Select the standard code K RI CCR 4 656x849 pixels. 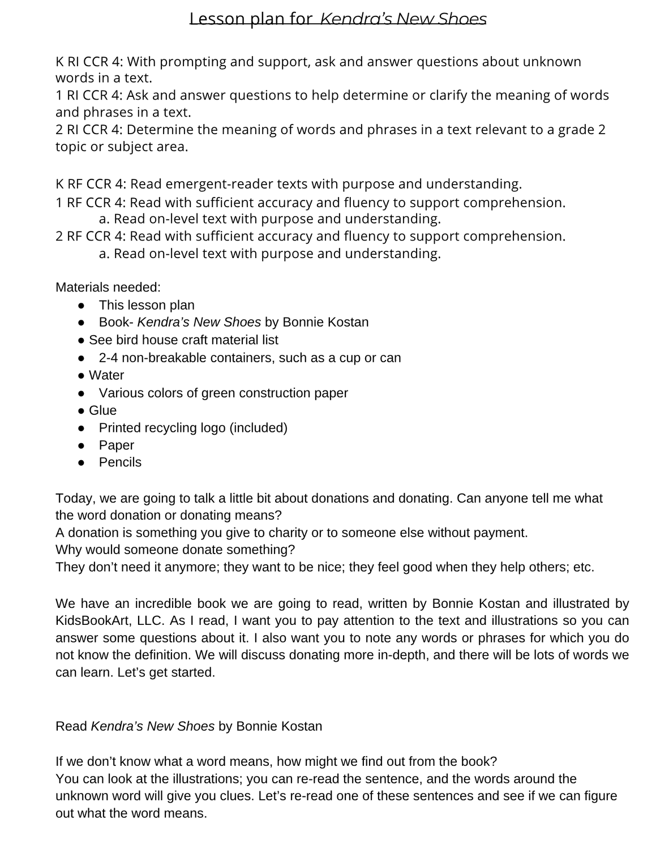[88, 61]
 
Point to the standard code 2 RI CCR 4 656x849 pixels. [88, 130]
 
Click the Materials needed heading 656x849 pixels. [108, 288]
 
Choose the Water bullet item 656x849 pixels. [106, 375]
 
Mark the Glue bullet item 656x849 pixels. [102, 410]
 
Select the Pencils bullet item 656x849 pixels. [120, 462]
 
